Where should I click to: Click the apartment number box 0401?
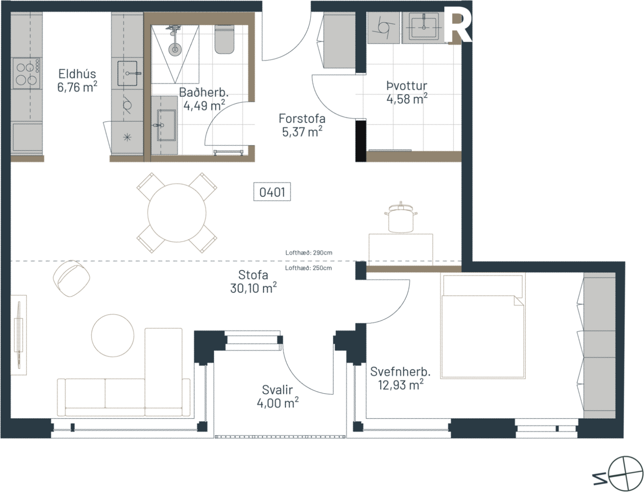[272, 191]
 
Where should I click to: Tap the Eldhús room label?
[77, 74]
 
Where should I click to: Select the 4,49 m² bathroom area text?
[204, 105]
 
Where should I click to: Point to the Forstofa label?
[302, 118]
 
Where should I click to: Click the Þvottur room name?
[407, 86]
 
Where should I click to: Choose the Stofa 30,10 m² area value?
[253, 288]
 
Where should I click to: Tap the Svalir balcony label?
[277, 390]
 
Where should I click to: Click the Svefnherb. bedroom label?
[400, 371]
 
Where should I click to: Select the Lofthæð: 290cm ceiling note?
[309, 253]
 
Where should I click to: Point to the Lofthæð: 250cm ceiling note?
[308, 268]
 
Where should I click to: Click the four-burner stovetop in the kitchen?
[26, 73]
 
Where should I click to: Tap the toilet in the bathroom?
[224, 39]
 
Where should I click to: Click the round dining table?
[176, 213]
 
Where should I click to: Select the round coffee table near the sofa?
[113, 335]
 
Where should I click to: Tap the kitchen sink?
[127, 73]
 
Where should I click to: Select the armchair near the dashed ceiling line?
[71, 278]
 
